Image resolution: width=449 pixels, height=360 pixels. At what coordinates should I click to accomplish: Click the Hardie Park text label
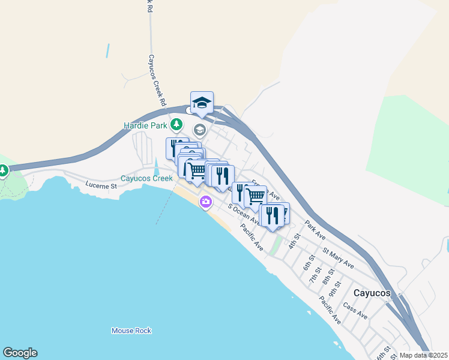(x=145, y=125)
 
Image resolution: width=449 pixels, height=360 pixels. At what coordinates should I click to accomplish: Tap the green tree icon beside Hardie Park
(x=176, y=125)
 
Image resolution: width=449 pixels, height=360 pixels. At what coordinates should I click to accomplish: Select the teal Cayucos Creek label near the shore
(x=146, y=178)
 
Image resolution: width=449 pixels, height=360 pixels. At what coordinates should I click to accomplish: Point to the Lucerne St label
(x=99, y=184)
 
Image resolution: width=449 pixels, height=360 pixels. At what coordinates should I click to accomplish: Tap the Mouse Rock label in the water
(x=131, y=331)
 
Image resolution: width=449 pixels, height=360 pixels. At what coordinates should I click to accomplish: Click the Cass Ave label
(x=355, y=310)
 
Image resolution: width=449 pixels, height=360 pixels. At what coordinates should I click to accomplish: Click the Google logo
(x=20, y=353)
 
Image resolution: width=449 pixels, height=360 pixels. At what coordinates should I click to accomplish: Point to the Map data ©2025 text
(x=423, y=355)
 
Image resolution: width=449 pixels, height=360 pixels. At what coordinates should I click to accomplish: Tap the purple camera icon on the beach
(x=206, y=202)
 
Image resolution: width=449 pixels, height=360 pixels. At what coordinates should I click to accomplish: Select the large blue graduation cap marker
(x=202, y=103)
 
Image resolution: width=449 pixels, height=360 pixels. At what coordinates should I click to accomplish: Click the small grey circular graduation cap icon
(x=199, y=130)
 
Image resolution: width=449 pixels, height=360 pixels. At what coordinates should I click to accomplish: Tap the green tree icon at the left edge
(x=3, y=172)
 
